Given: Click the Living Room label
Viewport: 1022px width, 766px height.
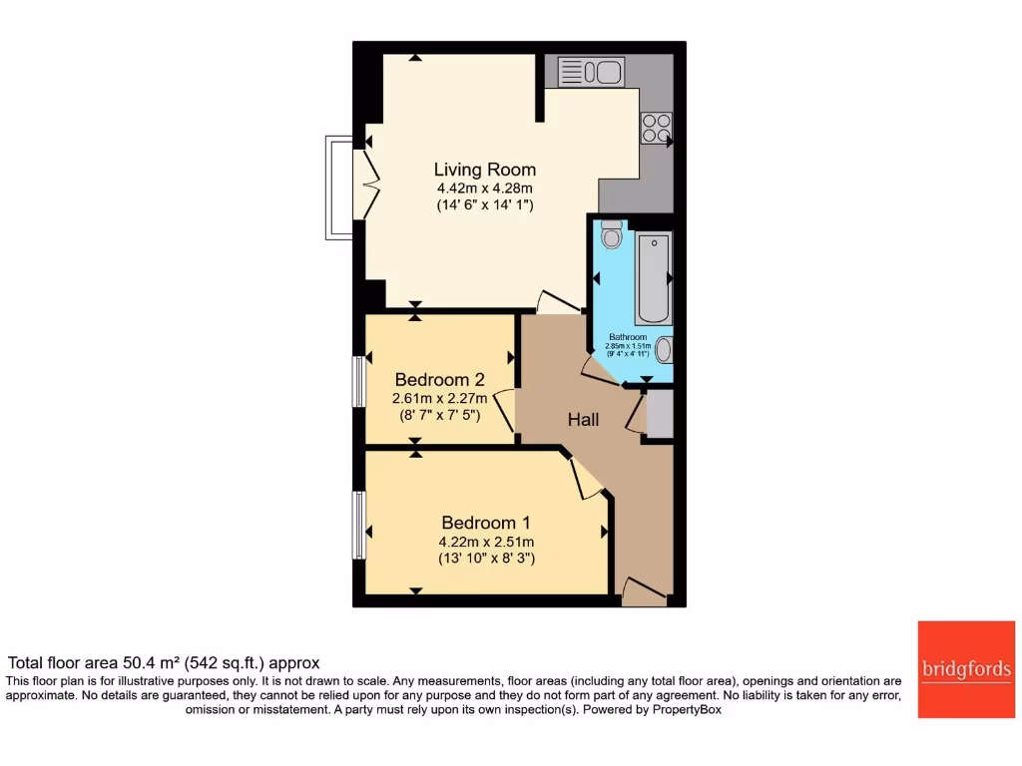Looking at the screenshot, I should pyautogui.click(x=484, y=170).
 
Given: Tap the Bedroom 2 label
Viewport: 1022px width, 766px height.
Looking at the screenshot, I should pyautogui.click(x=439, y=380).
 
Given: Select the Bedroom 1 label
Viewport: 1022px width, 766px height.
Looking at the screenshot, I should pyautogui.click(x=486, y=523).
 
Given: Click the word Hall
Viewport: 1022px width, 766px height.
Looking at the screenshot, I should pyautogui.click(x=584, y=420).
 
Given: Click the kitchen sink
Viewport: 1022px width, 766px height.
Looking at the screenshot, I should pyautogui.click(x=592, y=72).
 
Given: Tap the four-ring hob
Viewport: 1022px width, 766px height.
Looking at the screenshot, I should pyautogui.click(x=656, y=128).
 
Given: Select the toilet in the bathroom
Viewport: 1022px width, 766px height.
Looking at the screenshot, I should pyautogui.click(x=612, y=235).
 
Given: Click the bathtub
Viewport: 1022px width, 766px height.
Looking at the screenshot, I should pyautogui.click(x=655, y=277).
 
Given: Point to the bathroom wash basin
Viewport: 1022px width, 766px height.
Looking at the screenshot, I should pyautogui.click(x=664, y=349).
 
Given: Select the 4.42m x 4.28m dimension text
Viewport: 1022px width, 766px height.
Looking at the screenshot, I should pyautogui.click(x=484, y=188).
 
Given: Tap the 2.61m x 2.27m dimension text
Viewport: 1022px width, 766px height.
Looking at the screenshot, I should pyautogui.click(x=439, y=398).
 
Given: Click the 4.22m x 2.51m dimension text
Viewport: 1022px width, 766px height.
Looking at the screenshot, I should pyautogui.click(x=486, y=542).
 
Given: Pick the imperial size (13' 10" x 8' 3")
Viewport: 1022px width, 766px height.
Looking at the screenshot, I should pyautogui.click(x=486, y=559).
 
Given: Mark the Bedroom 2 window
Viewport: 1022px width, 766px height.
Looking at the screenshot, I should pyautogui.click(x=358, y=381).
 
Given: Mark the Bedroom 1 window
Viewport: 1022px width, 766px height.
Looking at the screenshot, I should pyautogui.click(x=358, y=524).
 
